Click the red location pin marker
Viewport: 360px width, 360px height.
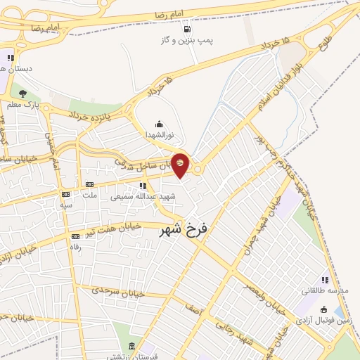click(180, 165)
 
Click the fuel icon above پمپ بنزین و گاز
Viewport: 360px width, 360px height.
click(186, 30)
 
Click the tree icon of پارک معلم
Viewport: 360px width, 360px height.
click(22, 94)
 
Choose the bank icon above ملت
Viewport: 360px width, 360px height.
click(89, 185)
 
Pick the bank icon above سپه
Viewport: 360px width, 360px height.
click(66, 194)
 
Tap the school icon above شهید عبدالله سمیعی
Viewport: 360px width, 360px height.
click(144, 186)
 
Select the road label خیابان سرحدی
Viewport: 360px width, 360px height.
click(120, 290)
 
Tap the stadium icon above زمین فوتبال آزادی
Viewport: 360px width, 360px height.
click(323, 309)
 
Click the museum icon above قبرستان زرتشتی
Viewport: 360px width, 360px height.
click(132, 345)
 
